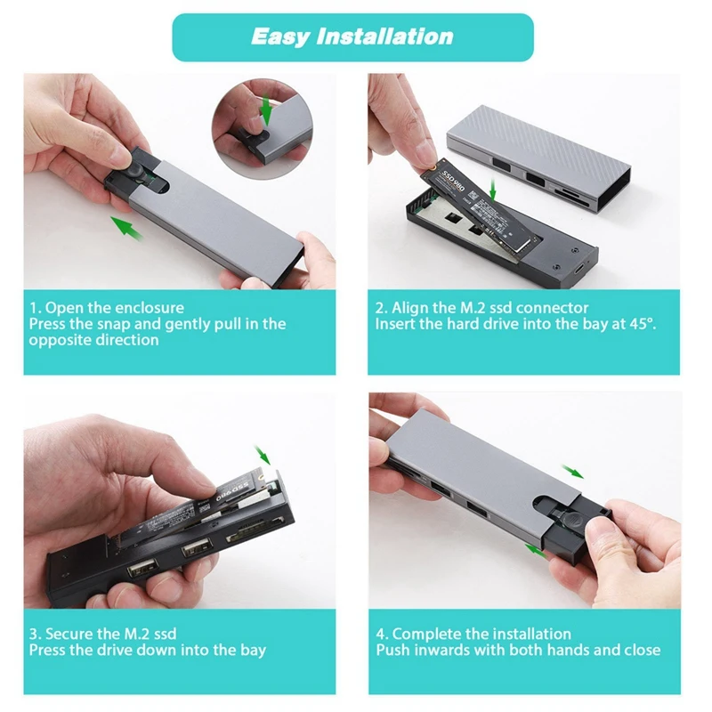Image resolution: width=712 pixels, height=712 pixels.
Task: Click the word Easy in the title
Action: click(281, 36)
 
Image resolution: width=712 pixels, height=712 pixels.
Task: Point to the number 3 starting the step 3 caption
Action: click(34, 634)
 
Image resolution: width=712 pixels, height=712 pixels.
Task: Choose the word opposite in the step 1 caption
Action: click(59, 340)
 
